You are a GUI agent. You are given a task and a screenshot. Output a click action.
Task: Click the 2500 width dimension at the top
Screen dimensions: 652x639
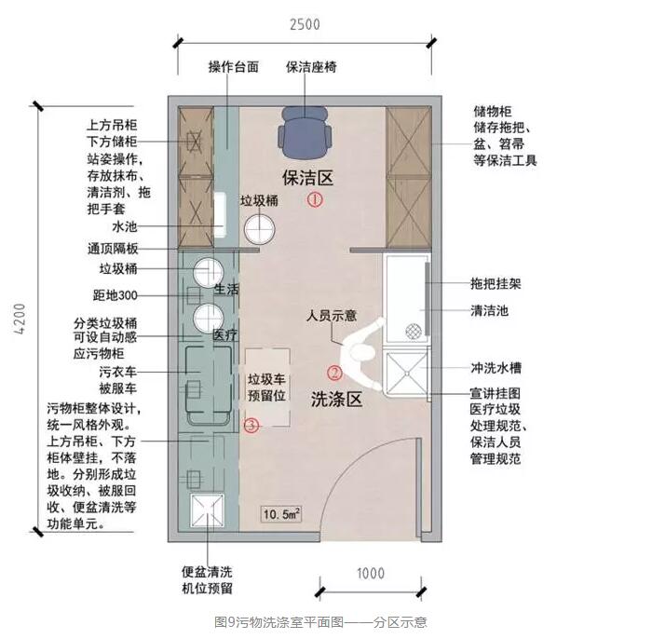305,24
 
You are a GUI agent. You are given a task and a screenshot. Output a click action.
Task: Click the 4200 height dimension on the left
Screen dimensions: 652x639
20,319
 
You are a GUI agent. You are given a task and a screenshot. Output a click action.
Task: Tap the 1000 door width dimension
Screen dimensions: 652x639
371,574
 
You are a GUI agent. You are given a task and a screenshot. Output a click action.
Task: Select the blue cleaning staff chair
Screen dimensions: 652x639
305,132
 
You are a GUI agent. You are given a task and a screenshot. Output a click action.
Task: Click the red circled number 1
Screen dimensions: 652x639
315,200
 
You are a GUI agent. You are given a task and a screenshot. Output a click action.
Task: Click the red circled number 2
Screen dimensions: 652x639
334,373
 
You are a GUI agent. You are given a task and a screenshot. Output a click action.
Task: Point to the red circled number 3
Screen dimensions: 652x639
251,426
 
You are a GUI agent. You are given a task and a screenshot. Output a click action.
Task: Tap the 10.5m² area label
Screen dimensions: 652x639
281,514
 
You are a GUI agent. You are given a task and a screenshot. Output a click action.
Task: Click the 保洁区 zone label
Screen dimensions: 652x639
307,178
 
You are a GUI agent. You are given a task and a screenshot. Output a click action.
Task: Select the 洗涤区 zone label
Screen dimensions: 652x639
336,400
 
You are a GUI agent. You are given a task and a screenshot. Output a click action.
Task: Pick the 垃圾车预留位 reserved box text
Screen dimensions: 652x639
267,387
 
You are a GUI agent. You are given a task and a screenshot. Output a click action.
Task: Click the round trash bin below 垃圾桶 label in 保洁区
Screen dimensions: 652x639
260,229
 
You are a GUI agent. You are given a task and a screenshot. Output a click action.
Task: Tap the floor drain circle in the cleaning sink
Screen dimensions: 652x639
413,332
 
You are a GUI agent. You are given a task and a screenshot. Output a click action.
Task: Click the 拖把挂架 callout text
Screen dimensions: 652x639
496,284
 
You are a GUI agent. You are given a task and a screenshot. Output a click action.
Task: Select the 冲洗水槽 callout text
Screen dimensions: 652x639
496,368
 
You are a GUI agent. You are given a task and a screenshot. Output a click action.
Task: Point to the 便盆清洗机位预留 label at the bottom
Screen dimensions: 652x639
207,580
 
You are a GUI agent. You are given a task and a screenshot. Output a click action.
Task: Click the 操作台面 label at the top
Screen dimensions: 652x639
234,67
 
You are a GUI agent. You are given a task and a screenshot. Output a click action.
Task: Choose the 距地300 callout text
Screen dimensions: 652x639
115,295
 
